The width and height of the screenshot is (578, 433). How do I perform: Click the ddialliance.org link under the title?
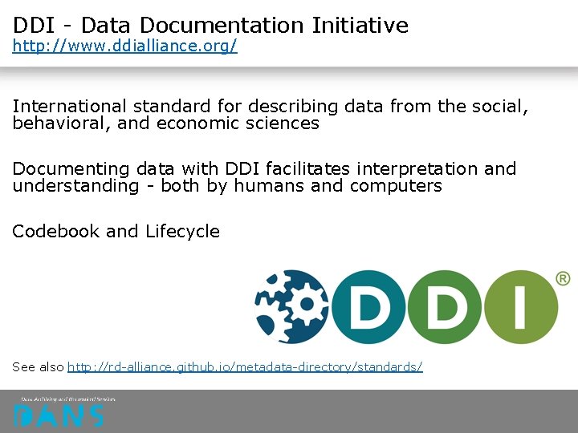(124, 47)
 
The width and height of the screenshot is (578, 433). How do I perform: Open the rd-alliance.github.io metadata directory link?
(245, 366)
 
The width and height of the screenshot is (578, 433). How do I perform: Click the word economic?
(195, 123)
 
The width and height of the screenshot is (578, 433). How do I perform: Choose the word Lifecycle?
(182, 232)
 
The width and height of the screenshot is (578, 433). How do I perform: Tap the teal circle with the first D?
(368, 307)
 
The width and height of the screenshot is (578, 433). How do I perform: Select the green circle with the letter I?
(520, 307)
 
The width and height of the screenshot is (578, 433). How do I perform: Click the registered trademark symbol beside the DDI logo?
(563, 278)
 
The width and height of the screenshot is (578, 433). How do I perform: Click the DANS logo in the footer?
(59, 415)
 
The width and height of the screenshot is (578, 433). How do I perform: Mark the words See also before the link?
(38, 366)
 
